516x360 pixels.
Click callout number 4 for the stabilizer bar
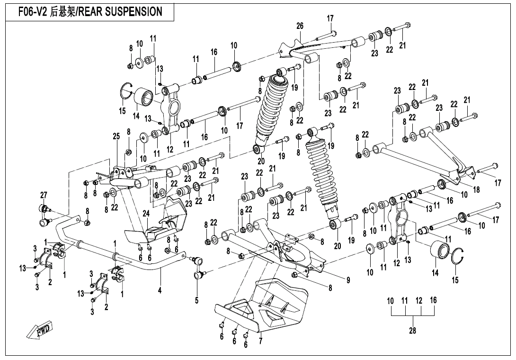(160, 289)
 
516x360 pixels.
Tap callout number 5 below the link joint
(196, 300)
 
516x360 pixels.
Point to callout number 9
(348, 280)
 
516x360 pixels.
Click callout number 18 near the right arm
(477, 189)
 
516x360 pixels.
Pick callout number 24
(146, 213)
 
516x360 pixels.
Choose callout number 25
(116, 136)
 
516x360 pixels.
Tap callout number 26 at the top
(300, 26)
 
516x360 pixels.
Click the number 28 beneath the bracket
(412, 331)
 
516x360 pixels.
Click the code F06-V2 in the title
(33, 12)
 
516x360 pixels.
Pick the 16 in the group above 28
(434, 300)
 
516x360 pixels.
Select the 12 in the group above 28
(419, 300)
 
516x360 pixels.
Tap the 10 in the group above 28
(391, 300)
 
